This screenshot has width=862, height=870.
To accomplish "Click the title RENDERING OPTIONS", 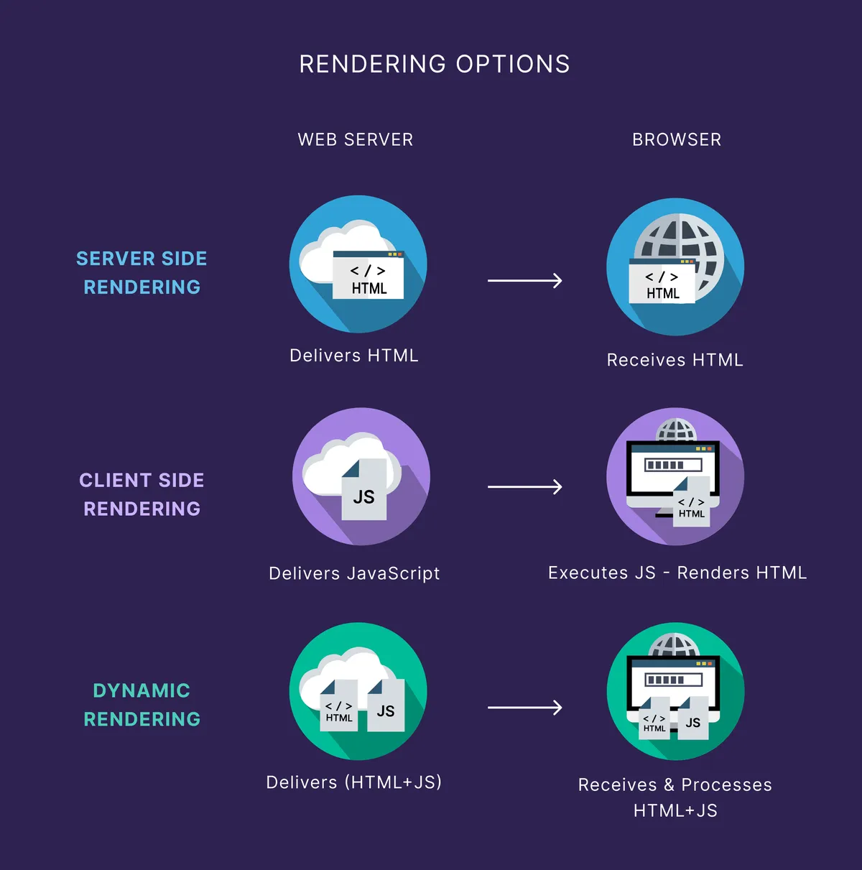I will pyautogui.click(x=434, y=64).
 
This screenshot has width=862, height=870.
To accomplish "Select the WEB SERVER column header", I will pyautogui.click(x=356, y=139).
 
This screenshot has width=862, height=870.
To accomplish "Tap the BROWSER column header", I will pyautogui.click(x=676, y=139).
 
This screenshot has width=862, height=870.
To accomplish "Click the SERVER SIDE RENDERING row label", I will pyautogui.click(x=142, y=272).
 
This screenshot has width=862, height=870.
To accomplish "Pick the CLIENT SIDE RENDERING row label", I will pyautogui.click(x=142, y=494).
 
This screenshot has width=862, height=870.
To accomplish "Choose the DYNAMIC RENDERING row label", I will pyautogui.click(x=142, y=705).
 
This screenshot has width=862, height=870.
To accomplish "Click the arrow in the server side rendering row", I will pyautogui.click(x=524, y=280).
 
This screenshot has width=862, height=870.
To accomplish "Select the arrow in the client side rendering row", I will pyautogui.click(x=524, y=487).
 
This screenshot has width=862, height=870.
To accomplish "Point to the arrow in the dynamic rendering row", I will pyautogui.click(x=524, y=708).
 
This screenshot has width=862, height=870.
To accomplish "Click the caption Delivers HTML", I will pyautogui.click(x=354, y=356).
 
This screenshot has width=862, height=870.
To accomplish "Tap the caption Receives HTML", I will pyautogui.click(x=675, y=360).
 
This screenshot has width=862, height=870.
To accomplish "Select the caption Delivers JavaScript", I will pyautogui.click(x=354, y=573).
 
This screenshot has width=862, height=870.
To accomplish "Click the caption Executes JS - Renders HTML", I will pyautogui.click(x=677, y=573).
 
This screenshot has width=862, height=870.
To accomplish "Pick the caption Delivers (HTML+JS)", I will pyautogui.click(x=354, y=782).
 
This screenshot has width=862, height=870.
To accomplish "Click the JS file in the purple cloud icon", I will pyautogui.click(x=363, y=491).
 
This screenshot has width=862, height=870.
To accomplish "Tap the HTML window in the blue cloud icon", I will pyautogui.click(x=369, y=276).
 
